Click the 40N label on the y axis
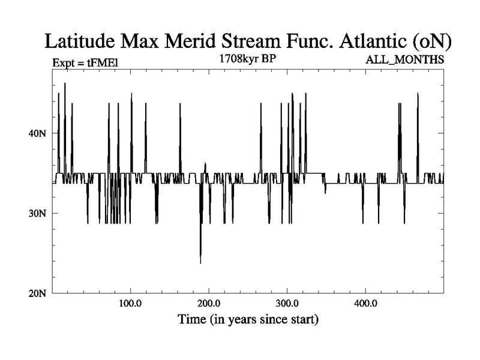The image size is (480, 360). click(x=38, y=133)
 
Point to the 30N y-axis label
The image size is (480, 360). click(x=38, y=214)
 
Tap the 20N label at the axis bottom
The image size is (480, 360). click(x=38, y=293)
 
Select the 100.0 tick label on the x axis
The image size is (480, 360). click(x=130, y=304)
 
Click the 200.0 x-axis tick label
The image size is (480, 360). click(x=209, y=304)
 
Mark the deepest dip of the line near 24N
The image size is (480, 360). click(x=200, y=263)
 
